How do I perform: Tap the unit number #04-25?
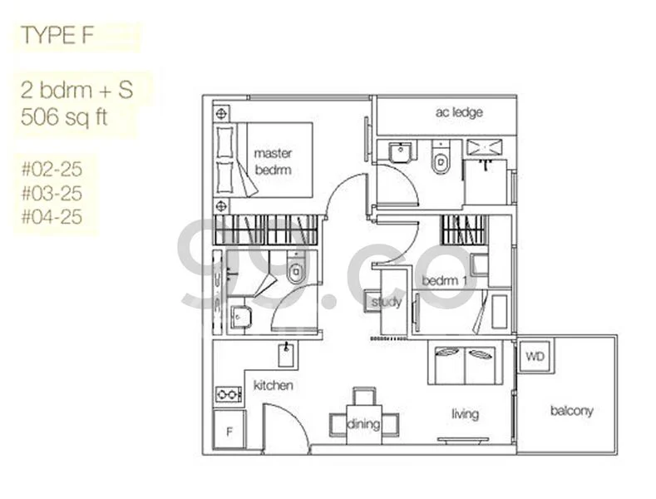(54, 218)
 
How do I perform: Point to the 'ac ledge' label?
(458, 112)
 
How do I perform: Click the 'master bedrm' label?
(273, 161)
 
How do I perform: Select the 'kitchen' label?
(273, 385)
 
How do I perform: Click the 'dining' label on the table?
(363, 424)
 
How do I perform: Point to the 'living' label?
(465, 413)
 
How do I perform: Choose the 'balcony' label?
(571, 410)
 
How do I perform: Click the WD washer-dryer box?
(533, 357)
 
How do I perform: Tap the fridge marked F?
(228, 432)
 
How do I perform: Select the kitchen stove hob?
(227, 394)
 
